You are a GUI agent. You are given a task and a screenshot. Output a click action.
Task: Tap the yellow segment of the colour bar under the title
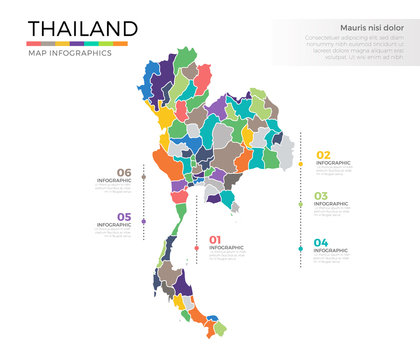click(x=63, y=44)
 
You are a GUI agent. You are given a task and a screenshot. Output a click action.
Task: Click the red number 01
click(x=214, y=240)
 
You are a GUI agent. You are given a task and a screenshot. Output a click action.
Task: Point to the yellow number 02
click(x=323, y=155)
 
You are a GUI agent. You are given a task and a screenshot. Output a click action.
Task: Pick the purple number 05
click(x=124, y=217)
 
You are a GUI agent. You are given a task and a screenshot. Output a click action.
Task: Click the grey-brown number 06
click(x=124, y=172)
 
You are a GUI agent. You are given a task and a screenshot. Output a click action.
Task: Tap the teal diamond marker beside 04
click(x=301, y=249)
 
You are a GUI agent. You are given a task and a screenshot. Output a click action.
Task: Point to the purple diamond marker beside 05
click(x=144, y=222)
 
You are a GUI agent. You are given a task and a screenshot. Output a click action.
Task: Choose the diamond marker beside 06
click(x=144, y=179)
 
